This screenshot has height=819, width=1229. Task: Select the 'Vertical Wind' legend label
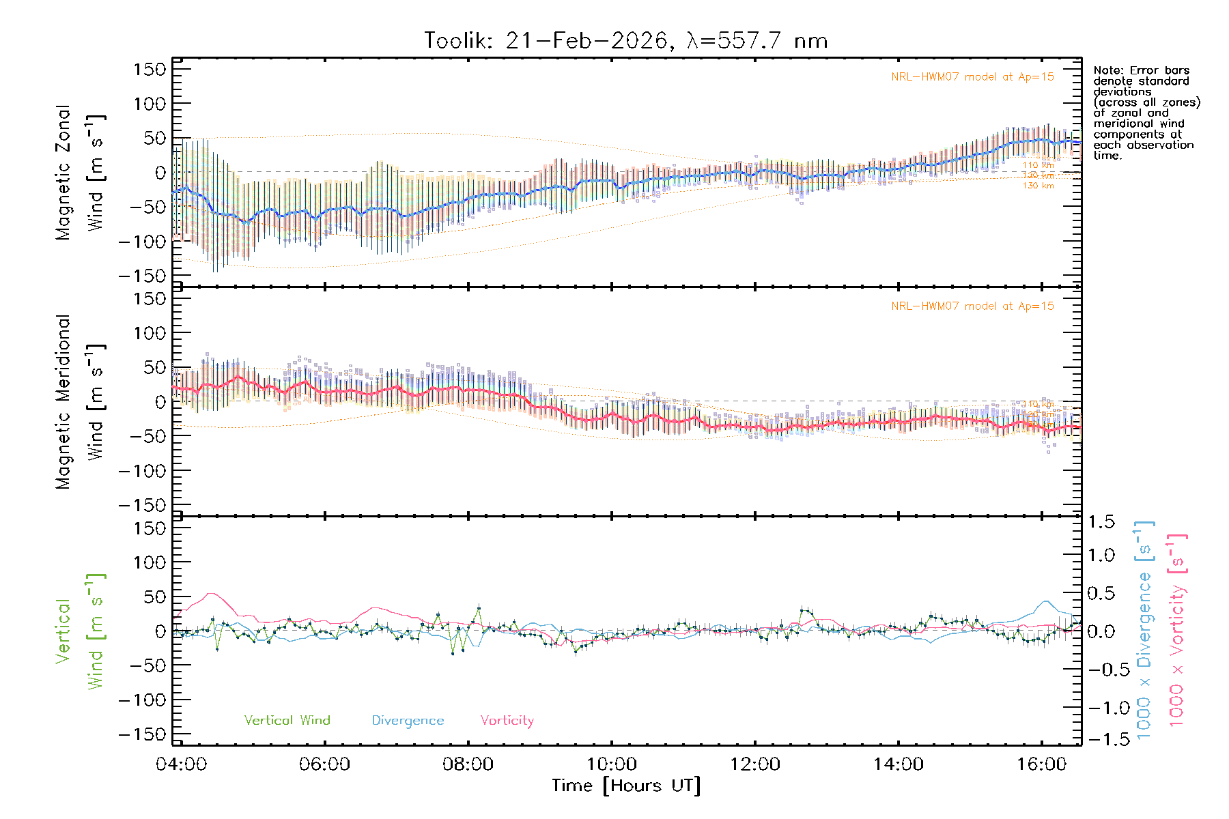coord(287,720)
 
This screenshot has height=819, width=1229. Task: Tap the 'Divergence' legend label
coord(408,721)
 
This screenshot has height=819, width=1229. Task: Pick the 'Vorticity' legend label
coord(507,720)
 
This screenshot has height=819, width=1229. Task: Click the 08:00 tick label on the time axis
coord(468,764)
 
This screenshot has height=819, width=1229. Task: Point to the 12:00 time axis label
coord(754,764)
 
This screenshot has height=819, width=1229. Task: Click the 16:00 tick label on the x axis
coord(1041,764)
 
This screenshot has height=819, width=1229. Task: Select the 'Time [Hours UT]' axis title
coord(626,786)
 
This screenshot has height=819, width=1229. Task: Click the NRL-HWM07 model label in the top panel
coord(972,77)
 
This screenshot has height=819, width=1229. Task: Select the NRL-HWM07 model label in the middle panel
coord(972,306)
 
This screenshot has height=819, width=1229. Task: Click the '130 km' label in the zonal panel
coord(1038,186)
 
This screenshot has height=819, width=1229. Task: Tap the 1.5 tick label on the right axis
coord(1101,522)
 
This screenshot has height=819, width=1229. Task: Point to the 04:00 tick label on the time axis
coord(181,764)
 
